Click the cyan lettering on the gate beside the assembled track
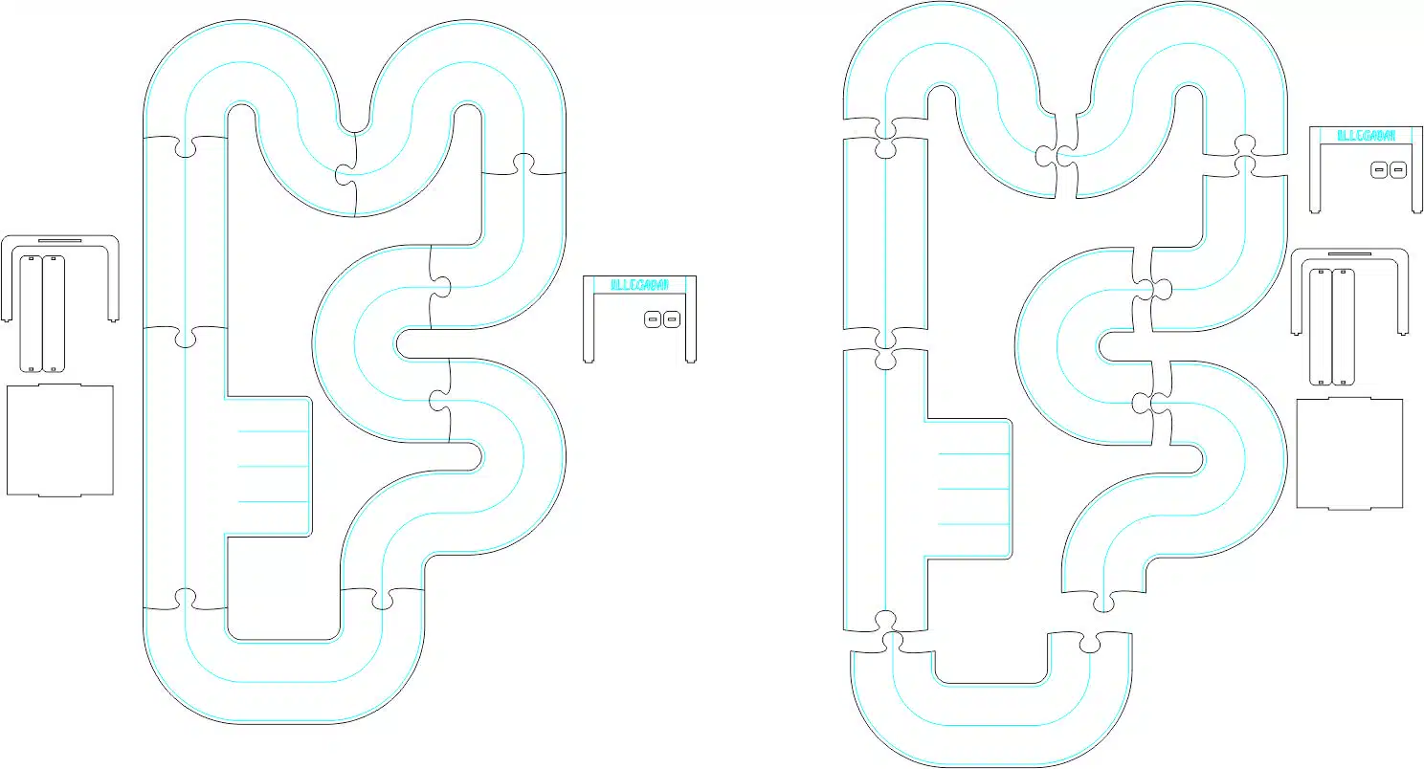click(x=639, y=284)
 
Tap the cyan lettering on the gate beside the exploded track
click(x=1366, y=136)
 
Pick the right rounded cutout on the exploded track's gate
click(x=1398, y=170)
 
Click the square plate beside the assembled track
click(x=60, y=440)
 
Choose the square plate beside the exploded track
click(x=1349, y=453)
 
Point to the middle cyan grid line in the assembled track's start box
click(x=273, y=466)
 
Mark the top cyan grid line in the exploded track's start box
click(x=973, y=453)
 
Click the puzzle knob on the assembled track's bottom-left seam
click(x=184, y=600)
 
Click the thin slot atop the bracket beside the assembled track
click(x=59, y=240)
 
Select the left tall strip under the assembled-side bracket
click(x=32, y=313)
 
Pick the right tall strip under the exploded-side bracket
click(x=1344, y=326)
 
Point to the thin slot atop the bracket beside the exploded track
click(x=1349, y=254)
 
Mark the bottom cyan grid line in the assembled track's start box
click(x=273, y=500)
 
